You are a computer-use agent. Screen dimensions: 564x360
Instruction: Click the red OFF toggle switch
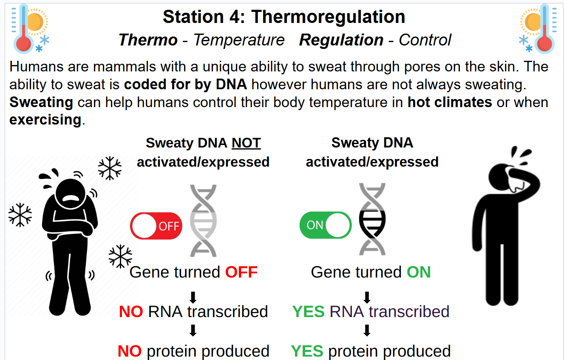(156, 226)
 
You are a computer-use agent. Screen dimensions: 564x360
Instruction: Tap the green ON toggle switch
(325, 225)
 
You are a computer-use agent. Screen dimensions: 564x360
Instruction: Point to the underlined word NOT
(246, 143)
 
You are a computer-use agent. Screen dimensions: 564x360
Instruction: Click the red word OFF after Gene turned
(241, 272)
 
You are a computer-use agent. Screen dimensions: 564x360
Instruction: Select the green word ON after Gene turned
(419, 272)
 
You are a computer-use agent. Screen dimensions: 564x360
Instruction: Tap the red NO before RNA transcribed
(131, 312)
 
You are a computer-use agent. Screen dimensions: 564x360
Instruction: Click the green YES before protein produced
(307, 351)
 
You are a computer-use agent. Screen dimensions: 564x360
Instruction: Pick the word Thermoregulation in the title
(328, 17)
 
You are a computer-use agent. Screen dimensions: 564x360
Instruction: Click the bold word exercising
(45, 119)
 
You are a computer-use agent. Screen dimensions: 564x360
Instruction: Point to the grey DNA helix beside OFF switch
(203, 221)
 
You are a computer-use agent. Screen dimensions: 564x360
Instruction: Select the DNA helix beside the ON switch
(372, 219)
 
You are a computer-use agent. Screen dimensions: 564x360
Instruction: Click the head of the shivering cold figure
(71, 194)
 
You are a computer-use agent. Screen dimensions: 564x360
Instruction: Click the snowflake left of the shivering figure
(20, 215)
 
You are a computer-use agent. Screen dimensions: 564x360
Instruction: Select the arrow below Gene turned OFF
(193, 298)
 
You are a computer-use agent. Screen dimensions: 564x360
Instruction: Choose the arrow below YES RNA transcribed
(367, 330)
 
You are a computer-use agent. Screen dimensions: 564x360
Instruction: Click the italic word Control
(425, 40)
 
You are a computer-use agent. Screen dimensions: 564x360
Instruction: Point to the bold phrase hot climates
(450, 102)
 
